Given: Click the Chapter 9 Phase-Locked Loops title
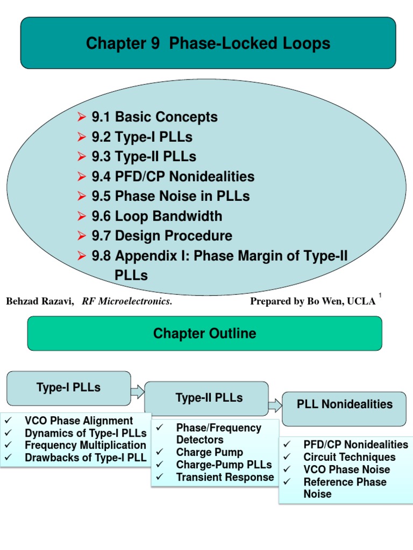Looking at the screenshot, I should tap(208, 44).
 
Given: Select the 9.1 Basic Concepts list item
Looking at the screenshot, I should tap(154, 117).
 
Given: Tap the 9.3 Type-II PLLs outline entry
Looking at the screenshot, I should tap(144, 157).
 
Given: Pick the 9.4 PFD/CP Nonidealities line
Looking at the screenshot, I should tap(173, 177).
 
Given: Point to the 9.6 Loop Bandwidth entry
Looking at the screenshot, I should tap(156, 216).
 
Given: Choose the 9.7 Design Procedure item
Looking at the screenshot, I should tap(162, 236).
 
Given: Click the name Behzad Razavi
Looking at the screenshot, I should tap(39, 301).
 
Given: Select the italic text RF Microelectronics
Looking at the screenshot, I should tap(127, 301).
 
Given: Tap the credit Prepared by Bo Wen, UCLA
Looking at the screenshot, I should tap(312, 301).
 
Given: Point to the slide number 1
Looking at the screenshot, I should tap(380, 295).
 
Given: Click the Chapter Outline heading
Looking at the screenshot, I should tap(204, 334).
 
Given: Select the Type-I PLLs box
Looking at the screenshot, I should tap(68, 388).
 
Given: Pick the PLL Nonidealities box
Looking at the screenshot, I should tap(345, 404).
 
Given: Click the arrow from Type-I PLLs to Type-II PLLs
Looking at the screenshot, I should tap(138, 391).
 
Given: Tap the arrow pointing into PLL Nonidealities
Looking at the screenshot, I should tap(275, 406).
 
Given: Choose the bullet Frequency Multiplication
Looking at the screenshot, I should tap(85, 445).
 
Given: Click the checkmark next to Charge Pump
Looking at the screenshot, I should tap(159, 452).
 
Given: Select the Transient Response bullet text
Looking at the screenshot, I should tap(225, 477).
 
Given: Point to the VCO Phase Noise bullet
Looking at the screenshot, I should tap(346, 469).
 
